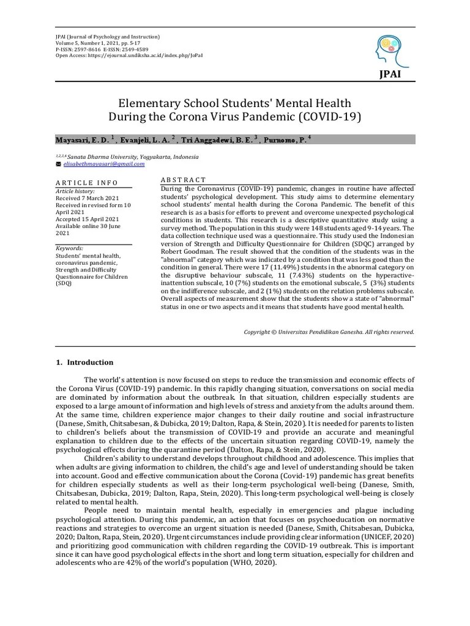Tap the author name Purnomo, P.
tap(284, 140)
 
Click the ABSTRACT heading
tap(183, 180)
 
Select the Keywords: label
tap(69, 249)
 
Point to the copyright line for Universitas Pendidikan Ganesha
tap(329, 332)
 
